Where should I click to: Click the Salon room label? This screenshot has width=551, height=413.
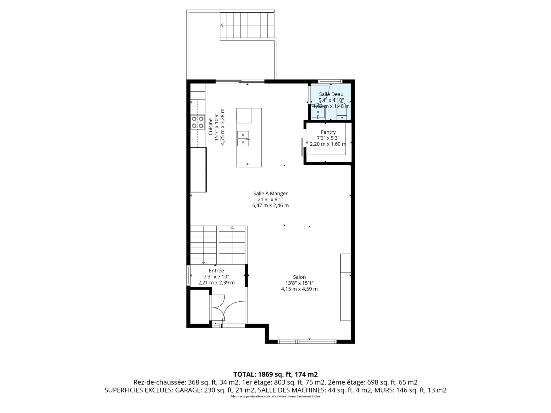click(299, 277)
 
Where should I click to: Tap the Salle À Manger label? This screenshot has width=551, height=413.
click(270, 194)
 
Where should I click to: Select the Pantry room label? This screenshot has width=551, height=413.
click(328, 132)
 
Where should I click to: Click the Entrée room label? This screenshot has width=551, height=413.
click(216, 270)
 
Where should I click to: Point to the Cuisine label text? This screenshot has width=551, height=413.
click(210, 127)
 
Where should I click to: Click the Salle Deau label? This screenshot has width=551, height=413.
click(331, 94)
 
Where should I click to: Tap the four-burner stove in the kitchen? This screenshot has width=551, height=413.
click(198, 122)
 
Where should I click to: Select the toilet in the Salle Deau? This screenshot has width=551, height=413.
click(342, 114)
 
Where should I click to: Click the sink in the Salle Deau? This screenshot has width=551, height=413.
click(318, 112)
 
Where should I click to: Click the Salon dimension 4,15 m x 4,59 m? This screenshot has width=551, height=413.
click(299, 289)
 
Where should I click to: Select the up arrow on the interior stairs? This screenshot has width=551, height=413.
click(232, 228)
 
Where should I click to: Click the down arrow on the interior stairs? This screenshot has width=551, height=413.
click(203, 262)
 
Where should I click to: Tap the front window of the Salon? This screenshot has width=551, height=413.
click(307, 341)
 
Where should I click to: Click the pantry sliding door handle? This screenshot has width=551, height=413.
click(302, 147)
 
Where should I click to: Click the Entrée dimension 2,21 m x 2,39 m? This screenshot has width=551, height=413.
click(216, 283)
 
